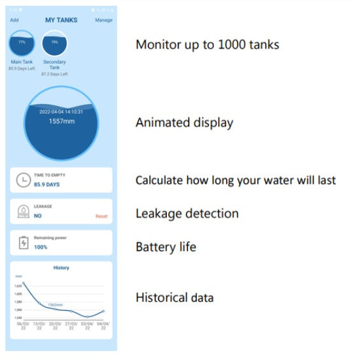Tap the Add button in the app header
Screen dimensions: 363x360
(15, 20)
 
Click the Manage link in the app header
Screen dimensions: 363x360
(104, 20)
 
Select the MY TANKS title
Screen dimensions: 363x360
(61, 20)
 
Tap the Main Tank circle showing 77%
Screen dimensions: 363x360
(22, 44)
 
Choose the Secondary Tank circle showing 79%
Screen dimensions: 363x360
(54, 44)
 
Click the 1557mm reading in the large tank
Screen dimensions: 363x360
(61, 121)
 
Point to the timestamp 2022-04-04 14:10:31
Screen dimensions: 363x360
(61, 112)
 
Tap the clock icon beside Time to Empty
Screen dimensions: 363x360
(23, 180)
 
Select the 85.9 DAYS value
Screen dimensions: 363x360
(47, 184)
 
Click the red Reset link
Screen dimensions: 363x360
(101, 216)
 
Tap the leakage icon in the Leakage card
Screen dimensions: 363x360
(23, 212)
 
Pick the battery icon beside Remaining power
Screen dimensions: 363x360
(23, 242)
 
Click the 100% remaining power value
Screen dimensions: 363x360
(41, 246)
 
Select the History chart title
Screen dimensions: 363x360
(61, 268)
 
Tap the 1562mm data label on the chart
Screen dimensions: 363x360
(55, 305)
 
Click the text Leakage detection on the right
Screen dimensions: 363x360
(187, 214)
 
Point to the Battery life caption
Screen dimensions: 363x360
(166, 246)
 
